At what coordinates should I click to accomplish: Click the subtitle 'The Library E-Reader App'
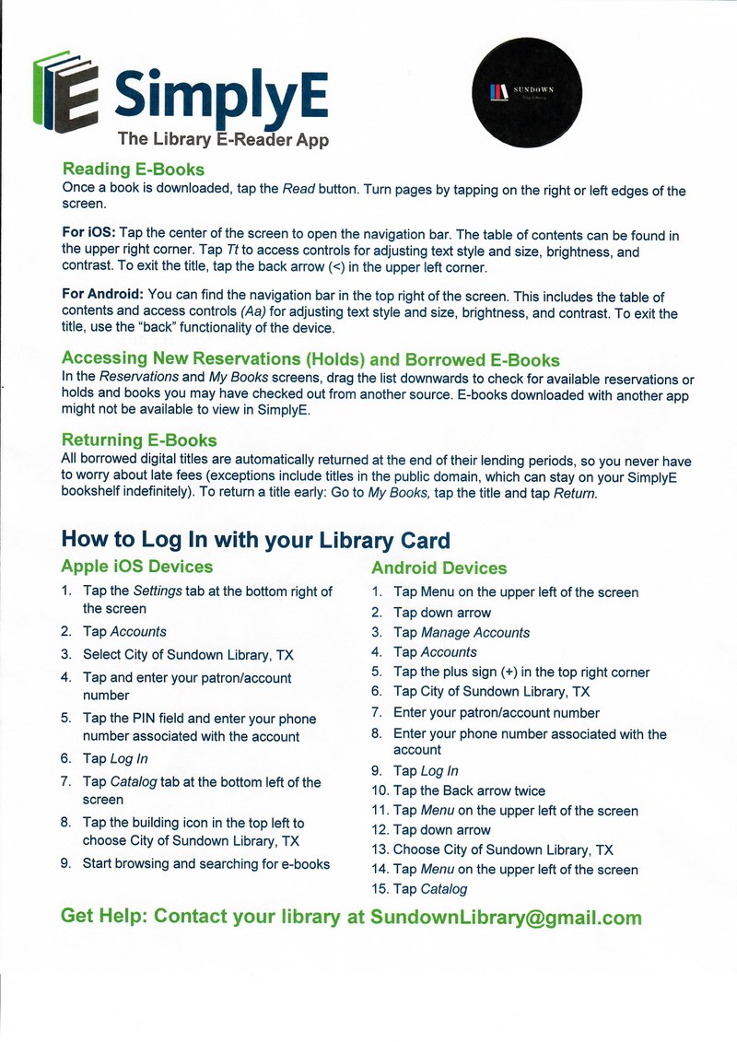click(x=223, y=140)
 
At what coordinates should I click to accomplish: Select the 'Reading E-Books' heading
click(x=133, y=170)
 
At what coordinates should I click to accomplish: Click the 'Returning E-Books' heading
click(x=139, y=440)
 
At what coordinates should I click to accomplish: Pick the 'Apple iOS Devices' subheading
click(x=136, y=567)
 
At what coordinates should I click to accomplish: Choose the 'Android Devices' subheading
click(x=439, y=568)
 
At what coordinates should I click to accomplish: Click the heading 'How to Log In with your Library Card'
click(x=255, y=539)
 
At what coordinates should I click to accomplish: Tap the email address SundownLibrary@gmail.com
click(x=505, y=918)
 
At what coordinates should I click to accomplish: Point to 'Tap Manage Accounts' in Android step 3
click(x=462, y=632)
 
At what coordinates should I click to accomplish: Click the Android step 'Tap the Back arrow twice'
click(x=469, y=790)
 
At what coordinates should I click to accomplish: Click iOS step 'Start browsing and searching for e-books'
click(x=206, y=864)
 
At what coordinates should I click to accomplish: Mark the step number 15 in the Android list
click(x=379, y=889)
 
